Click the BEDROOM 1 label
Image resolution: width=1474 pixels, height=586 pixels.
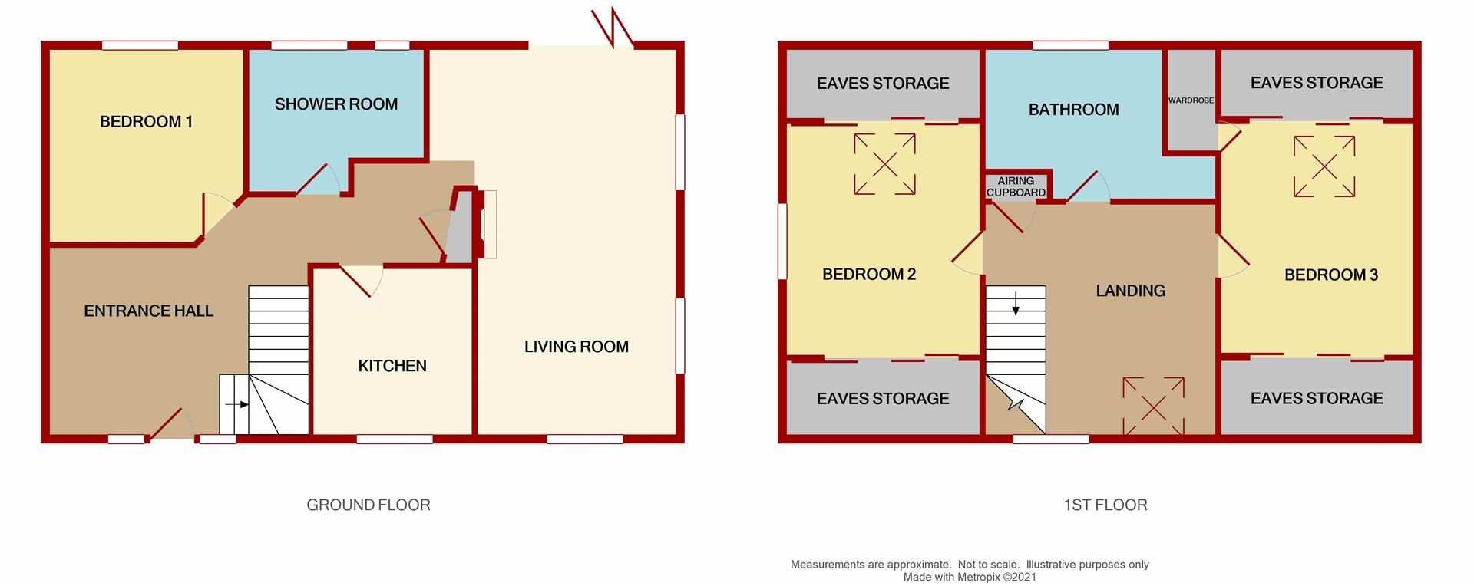[146, 121]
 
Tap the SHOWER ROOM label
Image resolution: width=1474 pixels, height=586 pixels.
[336, 104]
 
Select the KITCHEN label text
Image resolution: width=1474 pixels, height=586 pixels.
[392, 366]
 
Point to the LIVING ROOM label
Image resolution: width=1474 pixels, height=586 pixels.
[577, 347]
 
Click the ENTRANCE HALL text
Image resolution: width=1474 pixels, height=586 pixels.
[148, 311]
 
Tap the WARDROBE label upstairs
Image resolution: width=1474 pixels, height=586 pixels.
[1191, 100]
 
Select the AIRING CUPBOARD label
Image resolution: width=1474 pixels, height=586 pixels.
[1016, 186]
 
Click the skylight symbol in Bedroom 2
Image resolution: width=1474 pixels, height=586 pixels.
[884, 164]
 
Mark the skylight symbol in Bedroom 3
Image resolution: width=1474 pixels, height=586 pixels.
[1324, 166]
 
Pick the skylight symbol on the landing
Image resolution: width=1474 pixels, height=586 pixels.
[1153, 406]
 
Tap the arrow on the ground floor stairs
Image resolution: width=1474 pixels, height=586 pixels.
[237, 404]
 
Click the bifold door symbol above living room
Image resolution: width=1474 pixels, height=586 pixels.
[613, 28]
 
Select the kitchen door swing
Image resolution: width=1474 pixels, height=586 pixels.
[358, 281]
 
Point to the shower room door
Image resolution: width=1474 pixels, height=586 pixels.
[316, 181]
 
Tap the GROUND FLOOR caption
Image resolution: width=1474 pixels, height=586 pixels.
[368, 505]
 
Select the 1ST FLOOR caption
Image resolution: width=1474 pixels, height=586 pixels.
[1105, 505]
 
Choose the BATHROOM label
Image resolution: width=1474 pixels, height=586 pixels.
[1073, 110]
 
